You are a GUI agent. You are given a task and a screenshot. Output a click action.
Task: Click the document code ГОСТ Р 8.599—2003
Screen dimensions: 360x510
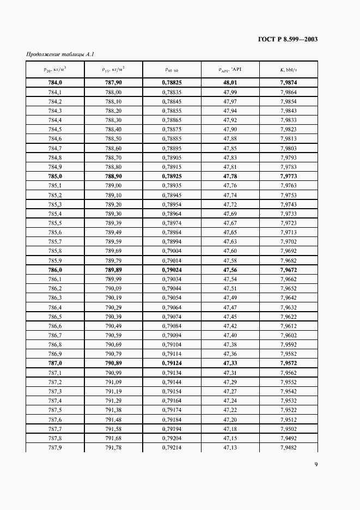click(288, 39)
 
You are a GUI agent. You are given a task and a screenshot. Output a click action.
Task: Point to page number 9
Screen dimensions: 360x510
click(316, 464)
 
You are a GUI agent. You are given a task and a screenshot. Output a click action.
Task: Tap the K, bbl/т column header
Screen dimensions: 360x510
click(289, 70)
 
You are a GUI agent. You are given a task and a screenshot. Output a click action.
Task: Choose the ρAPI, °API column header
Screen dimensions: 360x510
click(230, 70)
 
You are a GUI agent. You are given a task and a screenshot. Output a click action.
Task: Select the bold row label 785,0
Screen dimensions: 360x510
click(55, 177)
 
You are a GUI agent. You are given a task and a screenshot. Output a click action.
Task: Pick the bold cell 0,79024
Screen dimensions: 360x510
click(172, 270)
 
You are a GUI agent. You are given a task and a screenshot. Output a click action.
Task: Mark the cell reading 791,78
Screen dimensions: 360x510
click(113, 447)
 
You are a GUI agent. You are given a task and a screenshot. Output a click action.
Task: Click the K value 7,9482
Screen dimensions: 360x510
click(289, 447)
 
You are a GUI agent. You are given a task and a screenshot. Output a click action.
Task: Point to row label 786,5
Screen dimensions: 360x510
click(55, 317)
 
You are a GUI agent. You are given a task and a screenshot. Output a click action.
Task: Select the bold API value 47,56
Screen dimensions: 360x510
click(230, 270)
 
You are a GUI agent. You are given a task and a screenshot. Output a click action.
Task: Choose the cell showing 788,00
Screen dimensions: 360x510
click(113, 93)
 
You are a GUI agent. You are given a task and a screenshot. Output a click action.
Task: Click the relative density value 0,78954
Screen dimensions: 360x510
click(172, 204)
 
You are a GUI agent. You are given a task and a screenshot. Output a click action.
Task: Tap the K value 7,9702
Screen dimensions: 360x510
click(289, 241)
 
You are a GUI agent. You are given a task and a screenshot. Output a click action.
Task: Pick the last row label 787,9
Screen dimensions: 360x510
click(55, 447)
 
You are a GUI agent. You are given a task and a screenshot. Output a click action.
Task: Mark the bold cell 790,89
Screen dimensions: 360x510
click(113, 363)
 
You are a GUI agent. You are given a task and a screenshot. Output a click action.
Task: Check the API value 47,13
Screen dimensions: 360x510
click(230, 447)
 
